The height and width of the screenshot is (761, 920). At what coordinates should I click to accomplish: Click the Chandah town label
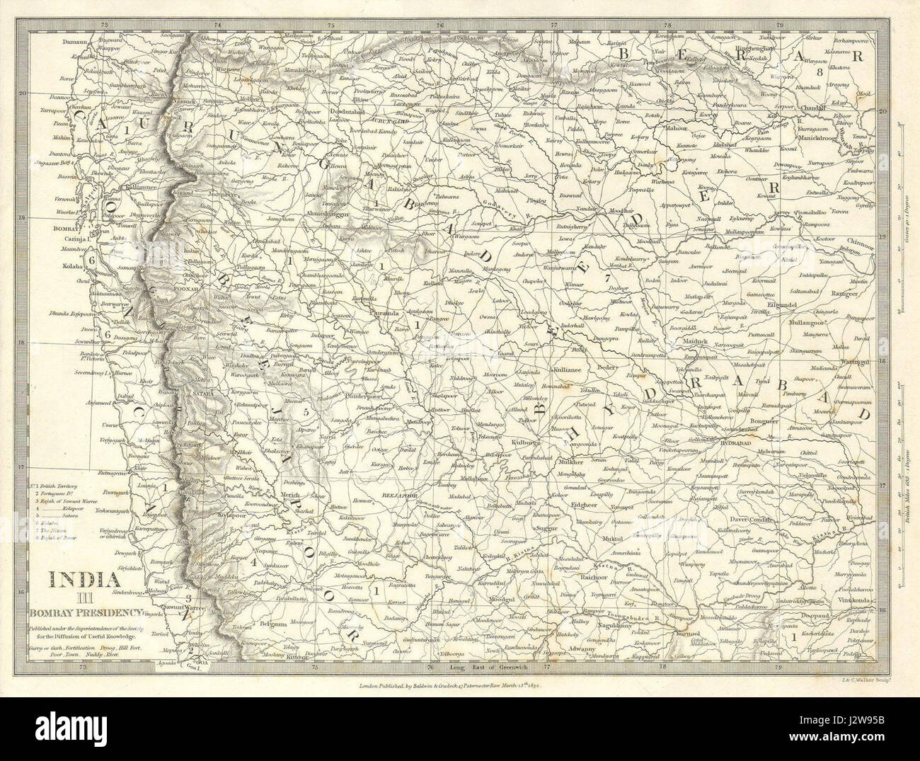click(828, 109)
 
